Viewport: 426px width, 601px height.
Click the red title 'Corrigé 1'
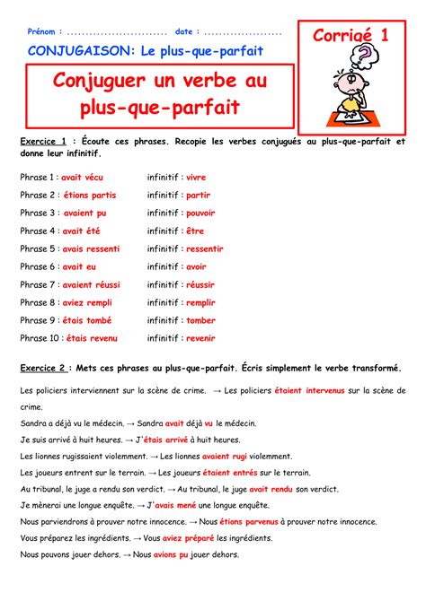coord(351,36)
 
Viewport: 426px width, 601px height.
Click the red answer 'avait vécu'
coord(84,178)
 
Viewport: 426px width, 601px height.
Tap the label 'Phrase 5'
coord(39,248)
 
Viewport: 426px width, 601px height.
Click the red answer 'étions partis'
coord(90,196)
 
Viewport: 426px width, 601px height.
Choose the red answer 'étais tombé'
coord(88,320)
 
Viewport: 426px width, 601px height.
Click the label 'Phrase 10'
coord(40,338)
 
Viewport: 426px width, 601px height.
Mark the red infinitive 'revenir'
coord(201,338)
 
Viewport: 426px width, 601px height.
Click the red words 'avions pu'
coord(172,554)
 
